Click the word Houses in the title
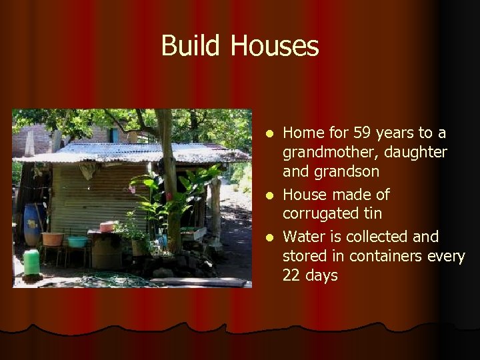point(275,46)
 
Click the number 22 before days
point(291,275)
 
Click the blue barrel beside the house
point(31,225)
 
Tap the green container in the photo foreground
point(31,261)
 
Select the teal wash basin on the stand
point(77,241)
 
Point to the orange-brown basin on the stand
point(53,239)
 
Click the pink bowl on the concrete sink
point(107,227)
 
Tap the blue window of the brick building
point(115,135)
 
